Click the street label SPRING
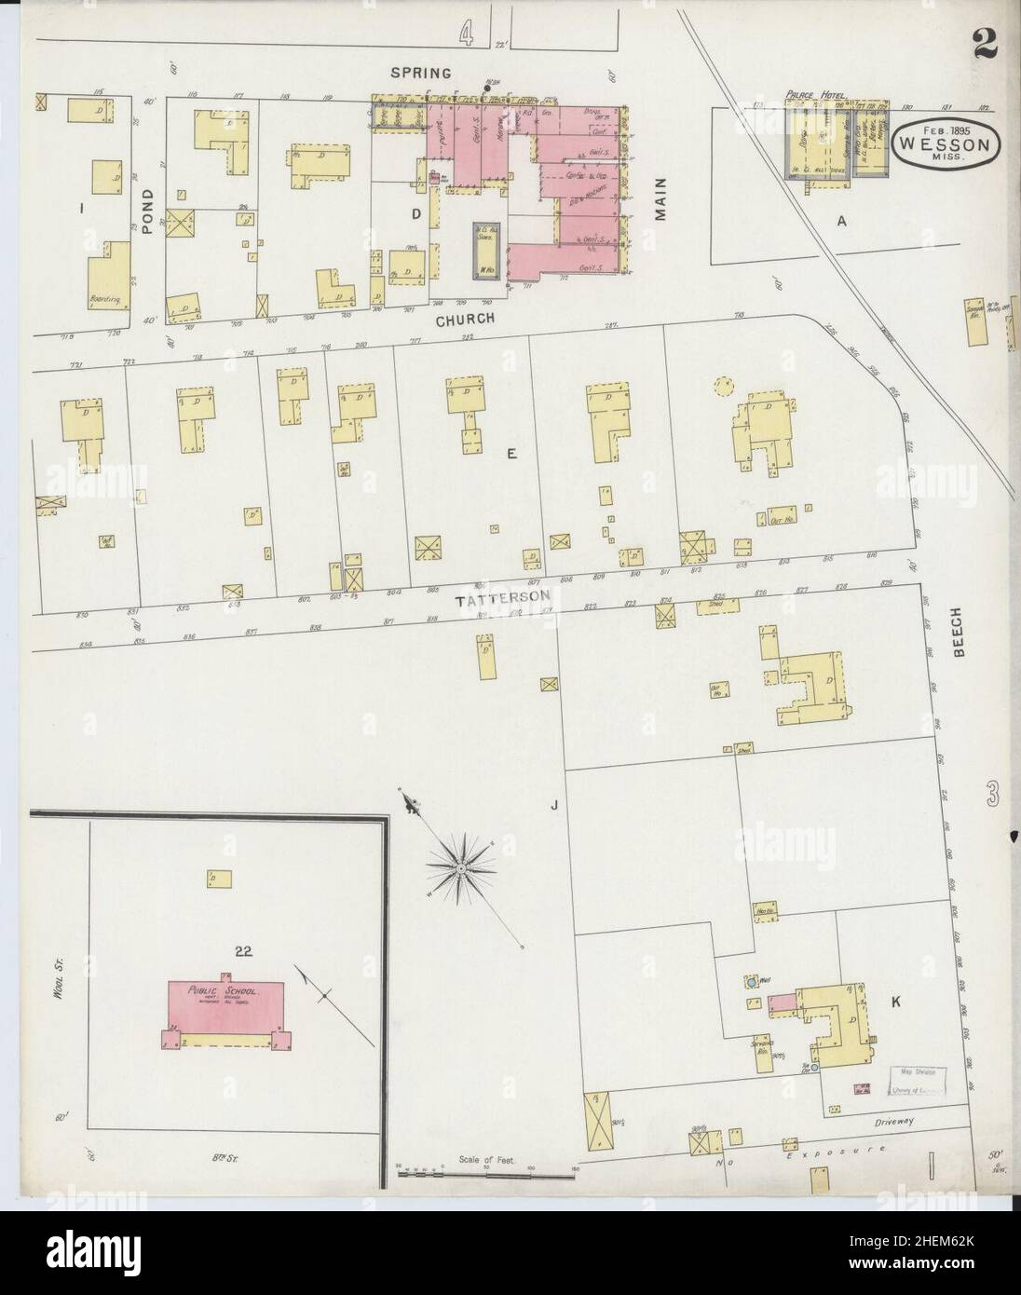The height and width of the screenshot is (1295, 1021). [x=421, y=72]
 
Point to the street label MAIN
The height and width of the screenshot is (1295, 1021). [x=660, y=199]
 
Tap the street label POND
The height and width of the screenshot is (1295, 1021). [x=147, y=182]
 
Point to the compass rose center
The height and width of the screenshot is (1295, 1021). [x=459, y=868]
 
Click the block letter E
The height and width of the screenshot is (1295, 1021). [x=510, y=454]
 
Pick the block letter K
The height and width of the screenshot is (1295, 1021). [x=895, y=1002]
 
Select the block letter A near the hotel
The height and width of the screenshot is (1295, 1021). [x=842, y=220]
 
